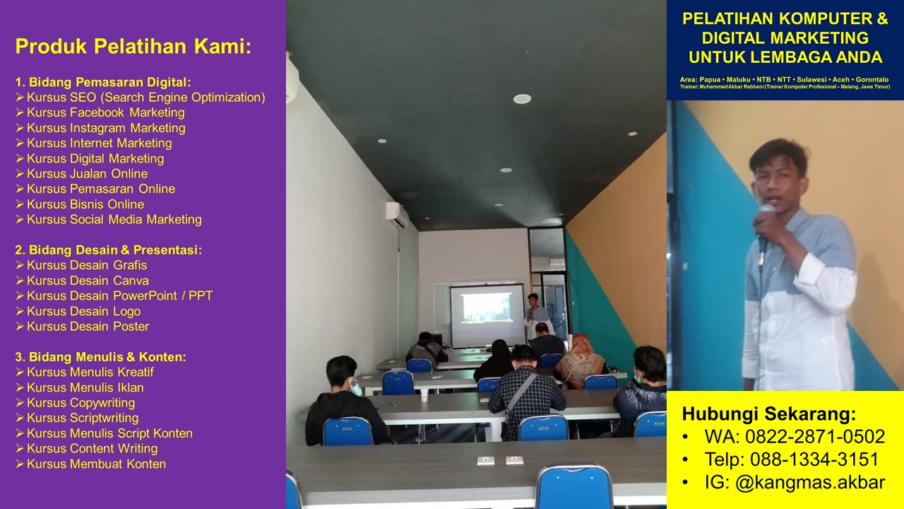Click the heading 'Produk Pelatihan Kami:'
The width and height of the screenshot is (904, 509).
click(x=133, y=47)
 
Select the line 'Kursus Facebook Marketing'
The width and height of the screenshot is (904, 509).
click(x=106, y=112)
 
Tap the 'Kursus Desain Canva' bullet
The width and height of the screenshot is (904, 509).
click(x=88, y=281)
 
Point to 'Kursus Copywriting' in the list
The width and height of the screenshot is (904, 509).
click(x=81, y=403)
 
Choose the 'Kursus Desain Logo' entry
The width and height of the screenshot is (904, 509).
click(x=83, y=311)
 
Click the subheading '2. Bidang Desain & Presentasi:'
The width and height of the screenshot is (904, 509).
click(x=109, y=250)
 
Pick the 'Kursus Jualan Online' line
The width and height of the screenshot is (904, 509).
click(x=87, y=174)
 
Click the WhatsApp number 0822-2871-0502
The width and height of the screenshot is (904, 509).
click(x=815, y=436)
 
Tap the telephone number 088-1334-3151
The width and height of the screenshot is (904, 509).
click(x=814, y=460)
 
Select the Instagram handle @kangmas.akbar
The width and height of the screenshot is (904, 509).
click(x=810, y=482)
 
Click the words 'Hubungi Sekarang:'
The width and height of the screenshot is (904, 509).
click(x=769, y=414)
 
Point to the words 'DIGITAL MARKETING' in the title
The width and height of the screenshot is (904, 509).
click(x=785, y=37)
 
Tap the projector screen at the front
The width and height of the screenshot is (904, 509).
click(x=487, y=315)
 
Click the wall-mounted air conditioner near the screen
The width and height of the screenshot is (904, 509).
click(x=398, y=214)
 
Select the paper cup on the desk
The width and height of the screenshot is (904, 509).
click(x=424, y=394)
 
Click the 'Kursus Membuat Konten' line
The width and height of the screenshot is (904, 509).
click(x=96, y=464)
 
